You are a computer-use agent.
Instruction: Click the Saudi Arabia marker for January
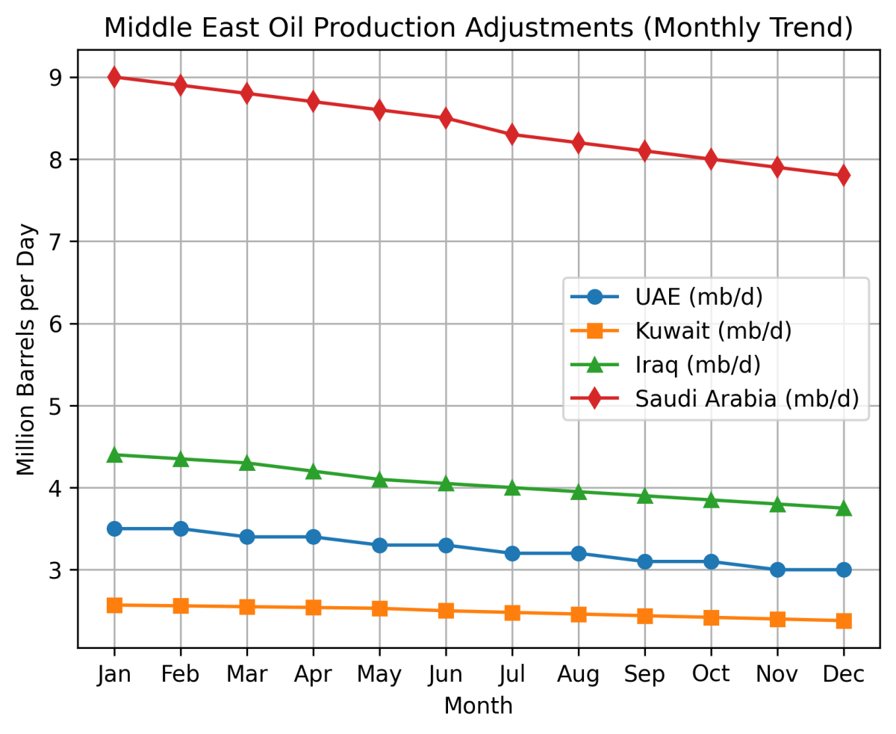tap(114, 77)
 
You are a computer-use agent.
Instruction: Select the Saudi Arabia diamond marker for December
tap(844, 175)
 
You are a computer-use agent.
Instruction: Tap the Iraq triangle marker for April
tap(313, 472)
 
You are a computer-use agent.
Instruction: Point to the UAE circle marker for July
tap(512, 553)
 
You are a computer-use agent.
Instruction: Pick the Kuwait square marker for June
tap(446, 611)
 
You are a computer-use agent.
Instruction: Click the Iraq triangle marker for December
tap(844, 508)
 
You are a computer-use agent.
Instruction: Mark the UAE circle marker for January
tap(114, 528)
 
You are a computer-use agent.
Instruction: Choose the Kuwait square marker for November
tap(777, 619)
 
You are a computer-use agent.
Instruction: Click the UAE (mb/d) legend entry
tap(698, 297)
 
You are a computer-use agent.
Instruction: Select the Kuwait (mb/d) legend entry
tap(713, 330)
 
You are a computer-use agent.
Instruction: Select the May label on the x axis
tap(379, 675)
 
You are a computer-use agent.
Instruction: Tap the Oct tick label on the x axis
tap(711, 675)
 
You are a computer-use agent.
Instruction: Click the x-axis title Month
tap(479, 706)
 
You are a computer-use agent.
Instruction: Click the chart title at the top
tap(479, 28)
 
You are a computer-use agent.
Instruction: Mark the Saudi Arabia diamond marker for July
tap(512, 135)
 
